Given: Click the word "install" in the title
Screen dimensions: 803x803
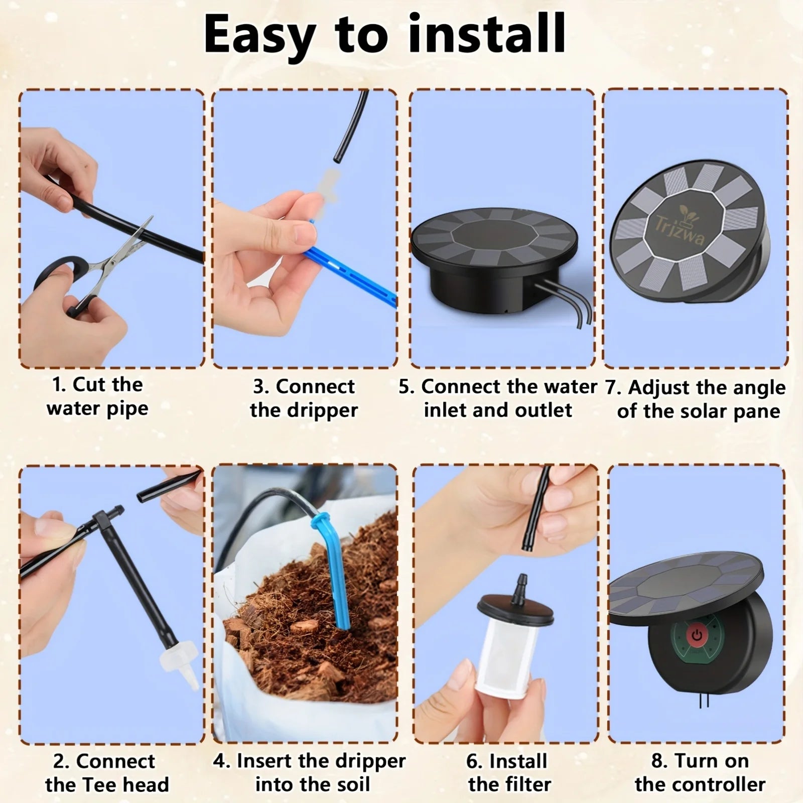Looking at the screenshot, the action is tap(486, 34).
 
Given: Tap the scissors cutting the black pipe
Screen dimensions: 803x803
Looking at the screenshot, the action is tap(95, 271).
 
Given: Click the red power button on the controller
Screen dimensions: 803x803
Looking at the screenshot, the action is tap(696, 635).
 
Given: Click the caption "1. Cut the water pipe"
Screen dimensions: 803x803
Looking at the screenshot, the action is tap(98, 397).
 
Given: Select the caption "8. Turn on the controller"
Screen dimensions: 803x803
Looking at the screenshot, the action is tap(700, 773).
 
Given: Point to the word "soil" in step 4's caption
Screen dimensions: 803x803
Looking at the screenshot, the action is tap(352, 784).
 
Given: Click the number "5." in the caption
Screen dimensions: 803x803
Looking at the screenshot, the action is tap(407, 386).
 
